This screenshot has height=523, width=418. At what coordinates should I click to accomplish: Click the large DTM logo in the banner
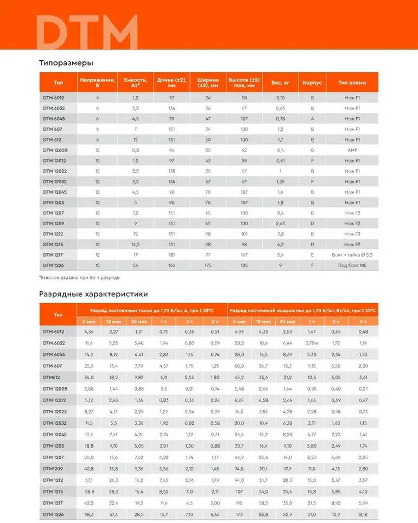87,33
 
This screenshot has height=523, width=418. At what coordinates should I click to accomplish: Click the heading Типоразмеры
66,62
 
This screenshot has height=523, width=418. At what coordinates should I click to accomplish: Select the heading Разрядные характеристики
93,294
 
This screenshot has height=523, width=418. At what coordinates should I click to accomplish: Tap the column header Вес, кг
280,83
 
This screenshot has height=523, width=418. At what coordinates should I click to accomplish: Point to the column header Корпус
312,83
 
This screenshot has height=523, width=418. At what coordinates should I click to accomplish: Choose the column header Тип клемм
352,83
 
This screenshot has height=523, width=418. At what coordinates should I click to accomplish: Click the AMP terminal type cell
352,150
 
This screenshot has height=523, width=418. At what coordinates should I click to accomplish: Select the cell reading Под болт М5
352,265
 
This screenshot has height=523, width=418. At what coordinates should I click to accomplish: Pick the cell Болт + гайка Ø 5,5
352,255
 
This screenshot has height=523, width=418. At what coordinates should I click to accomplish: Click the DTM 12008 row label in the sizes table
55,150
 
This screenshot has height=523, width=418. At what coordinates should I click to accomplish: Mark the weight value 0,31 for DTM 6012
280,98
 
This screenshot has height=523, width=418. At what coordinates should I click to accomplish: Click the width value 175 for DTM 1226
207,265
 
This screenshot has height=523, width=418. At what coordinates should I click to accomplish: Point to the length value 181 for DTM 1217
172,255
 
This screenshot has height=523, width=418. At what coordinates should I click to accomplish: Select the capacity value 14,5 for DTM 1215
135,244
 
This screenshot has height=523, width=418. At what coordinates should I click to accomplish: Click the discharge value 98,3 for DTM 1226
89,514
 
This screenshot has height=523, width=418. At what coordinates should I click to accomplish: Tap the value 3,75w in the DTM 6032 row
312,343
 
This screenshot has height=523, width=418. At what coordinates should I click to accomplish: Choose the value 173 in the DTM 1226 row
239,514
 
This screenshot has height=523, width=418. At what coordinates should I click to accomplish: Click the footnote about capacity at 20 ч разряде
79,277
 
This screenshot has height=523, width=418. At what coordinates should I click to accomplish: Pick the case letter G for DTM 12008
312,150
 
